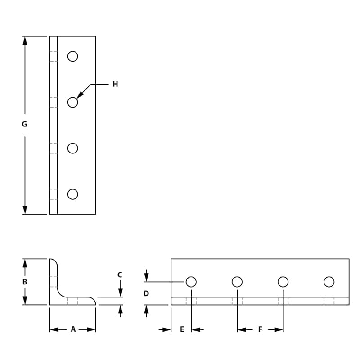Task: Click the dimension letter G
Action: tap(24, 124)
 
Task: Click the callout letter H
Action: tap(115, 84)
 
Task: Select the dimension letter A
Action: tap(73, 329)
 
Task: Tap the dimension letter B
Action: tap(25, 282)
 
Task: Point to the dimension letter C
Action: tap(120, 274)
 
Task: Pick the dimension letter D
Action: tap(146, 293)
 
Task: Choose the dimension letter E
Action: tap(182, 329)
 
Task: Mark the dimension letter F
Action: tap(260, 329)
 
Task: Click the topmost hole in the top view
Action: tap(72, 56)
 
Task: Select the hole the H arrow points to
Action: tap(72, 102)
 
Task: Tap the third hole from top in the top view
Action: tap(72, 148)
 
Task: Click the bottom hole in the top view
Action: tap(72, 194)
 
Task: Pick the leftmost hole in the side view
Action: tap(191, 282)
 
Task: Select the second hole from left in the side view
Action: tap(237, 282)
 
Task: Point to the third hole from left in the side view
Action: tap(283, 282)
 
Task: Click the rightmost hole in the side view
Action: tap(329, 282)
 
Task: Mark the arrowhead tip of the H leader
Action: tap(78, 97)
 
